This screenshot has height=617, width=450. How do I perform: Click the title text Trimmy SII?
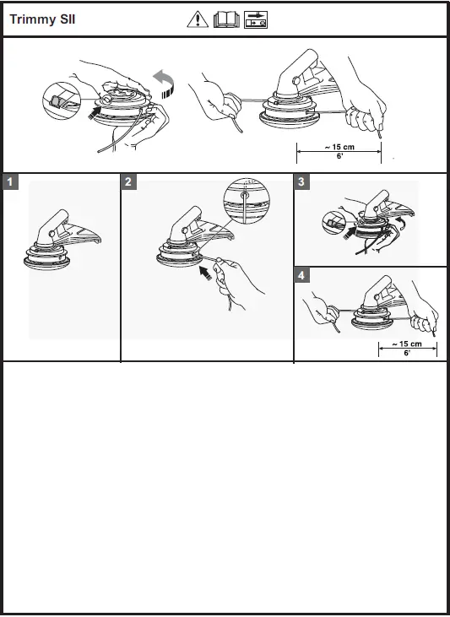42,19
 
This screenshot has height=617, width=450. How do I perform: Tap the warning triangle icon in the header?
198,19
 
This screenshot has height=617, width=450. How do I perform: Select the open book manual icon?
226,19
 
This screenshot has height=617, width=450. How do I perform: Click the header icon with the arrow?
256,19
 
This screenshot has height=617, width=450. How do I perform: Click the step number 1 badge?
10,181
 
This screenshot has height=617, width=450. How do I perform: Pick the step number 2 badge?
128,181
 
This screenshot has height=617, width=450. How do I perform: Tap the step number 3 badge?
301,181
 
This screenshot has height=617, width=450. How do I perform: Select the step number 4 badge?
301,275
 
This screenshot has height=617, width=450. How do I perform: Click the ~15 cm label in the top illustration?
339,147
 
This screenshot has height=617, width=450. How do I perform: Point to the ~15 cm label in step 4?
407,344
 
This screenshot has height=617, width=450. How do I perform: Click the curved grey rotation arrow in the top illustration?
164,84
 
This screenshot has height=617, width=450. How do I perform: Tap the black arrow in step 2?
205,273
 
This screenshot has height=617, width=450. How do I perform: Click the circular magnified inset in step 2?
247,201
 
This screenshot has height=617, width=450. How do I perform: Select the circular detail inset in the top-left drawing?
62,100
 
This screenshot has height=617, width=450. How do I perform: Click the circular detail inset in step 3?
333,223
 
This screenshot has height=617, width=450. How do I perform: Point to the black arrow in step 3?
350,233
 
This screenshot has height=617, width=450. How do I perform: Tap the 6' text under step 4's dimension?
407,353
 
